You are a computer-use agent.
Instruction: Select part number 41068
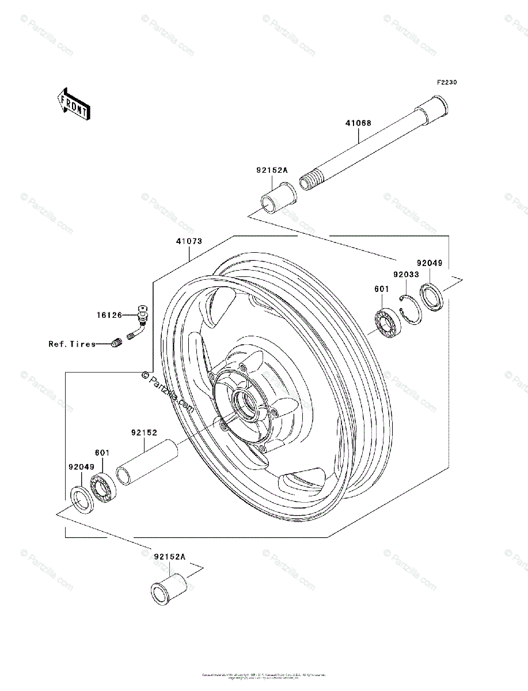tap(358, 123)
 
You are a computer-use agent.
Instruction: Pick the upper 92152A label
tap(271, 170)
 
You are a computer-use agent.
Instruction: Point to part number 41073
tap(189, 242)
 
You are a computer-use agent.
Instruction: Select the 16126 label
tap(109, 316)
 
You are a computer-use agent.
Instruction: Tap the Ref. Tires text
tap(72, 344)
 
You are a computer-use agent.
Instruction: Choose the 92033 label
tap(407, 275)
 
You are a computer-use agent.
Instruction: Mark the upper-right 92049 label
tap(430, 263)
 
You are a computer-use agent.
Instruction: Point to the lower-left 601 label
tap(102, 453)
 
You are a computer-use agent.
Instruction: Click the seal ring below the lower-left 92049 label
tap(82, 498)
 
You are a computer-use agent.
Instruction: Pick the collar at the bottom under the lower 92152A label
tap(169, 588)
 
